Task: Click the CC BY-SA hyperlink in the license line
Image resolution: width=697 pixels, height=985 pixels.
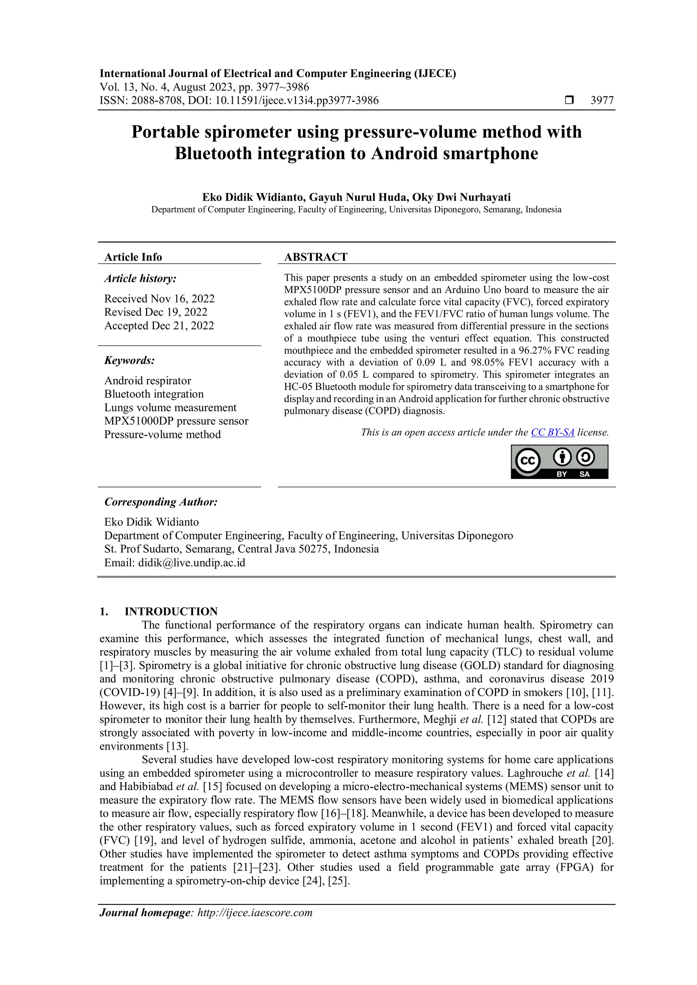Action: click(x=552, y=432)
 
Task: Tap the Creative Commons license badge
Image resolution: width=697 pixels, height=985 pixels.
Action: click(x=559, y=462)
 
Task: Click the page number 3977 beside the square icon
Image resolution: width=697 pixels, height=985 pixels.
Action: click(x=602, y=100)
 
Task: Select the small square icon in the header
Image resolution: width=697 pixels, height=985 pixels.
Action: click(x=569, y=100)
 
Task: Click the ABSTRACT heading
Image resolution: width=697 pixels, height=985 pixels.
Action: click(x=315, y=257)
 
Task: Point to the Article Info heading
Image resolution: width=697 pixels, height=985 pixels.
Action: click(x=133, y=257)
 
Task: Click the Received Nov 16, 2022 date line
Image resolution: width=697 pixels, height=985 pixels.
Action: click(x=159, y=299)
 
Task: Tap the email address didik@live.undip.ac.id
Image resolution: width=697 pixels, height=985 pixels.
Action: click(x=191, y=563)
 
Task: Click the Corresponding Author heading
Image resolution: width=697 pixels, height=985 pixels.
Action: click(x=161, y=502)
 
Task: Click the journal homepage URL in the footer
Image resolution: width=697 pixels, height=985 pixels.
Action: click(x=255, y=913)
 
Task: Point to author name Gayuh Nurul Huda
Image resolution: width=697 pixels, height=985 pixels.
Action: click(x=358, y=197)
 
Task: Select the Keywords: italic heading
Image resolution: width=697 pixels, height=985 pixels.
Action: click(x=130, y=361)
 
